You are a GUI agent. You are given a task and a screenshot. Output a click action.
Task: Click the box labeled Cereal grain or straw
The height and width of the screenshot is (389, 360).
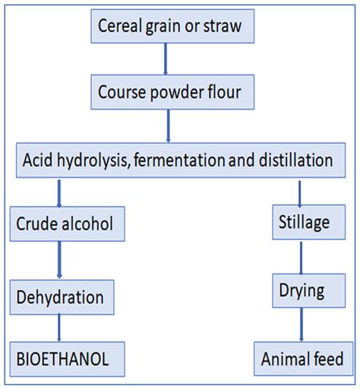coord(172,26)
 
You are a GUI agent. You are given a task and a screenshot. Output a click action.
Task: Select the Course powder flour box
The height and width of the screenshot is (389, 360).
coord(172,92)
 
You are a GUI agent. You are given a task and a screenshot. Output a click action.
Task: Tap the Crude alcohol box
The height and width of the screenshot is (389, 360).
coord(67,223)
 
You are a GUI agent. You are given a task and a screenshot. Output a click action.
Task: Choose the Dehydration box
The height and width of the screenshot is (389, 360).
coord(62,297)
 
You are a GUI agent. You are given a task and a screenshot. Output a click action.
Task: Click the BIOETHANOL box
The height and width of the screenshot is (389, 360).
coord(67,359)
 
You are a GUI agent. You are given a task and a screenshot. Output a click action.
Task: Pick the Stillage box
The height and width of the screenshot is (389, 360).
coord(308,222)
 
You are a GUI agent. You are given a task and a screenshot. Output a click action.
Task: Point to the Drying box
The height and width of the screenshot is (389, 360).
coord(308,290)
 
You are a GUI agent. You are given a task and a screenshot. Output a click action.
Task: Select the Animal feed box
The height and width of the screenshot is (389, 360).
coord(303,359)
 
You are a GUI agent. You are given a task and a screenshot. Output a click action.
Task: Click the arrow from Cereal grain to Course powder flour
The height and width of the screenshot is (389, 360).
coord(166,59)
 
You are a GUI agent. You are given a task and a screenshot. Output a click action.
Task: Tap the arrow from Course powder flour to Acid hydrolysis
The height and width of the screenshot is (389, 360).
coord(169,126)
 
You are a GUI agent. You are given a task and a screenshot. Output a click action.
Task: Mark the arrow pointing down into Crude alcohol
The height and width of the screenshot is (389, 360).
coord(59,194)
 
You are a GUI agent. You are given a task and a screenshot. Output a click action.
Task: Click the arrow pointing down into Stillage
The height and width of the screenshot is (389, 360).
coord(300,194)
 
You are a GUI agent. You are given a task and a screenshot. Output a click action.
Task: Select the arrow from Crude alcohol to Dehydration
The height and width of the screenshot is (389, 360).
coord(59,260)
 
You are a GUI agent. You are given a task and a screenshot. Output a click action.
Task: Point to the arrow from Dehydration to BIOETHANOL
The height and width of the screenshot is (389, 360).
coord(59,327)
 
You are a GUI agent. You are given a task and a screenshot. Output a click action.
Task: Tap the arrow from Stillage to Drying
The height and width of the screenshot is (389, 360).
coord(301,258)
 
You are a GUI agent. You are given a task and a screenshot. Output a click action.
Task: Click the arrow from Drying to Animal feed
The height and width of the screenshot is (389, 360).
coord(302,324)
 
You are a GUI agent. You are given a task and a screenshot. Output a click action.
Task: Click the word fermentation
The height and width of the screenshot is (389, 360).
coord(179,160)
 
